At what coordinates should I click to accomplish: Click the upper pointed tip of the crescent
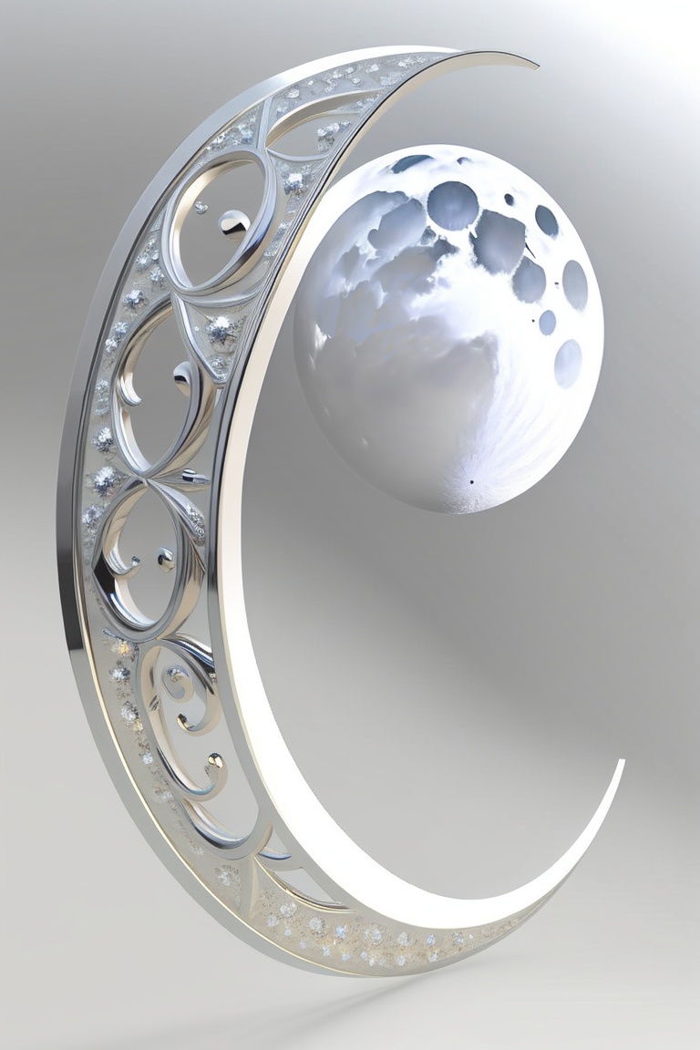534,64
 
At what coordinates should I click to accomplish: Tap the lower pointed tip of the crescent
623,762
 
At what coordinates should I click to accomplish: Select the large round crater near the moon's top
452,205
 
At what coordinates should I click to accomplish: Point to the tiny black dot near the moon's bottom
472,480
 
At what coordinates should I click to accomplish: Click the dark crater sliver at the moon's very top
412,163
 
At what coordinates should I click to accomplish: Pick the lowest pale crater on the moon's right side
568,363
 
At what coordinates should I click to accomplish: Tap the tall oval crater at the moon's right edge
574,284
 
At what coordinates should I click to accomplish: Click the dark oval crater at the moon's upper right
546,221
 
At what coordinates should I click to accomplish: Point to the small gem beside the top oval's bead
201,207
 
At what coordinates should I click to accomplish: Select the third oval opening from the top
146,556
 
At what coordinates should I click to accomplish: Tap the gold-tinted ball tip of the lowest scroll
214,758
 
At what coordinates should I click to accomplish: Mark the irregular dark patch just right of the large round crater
499,240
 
